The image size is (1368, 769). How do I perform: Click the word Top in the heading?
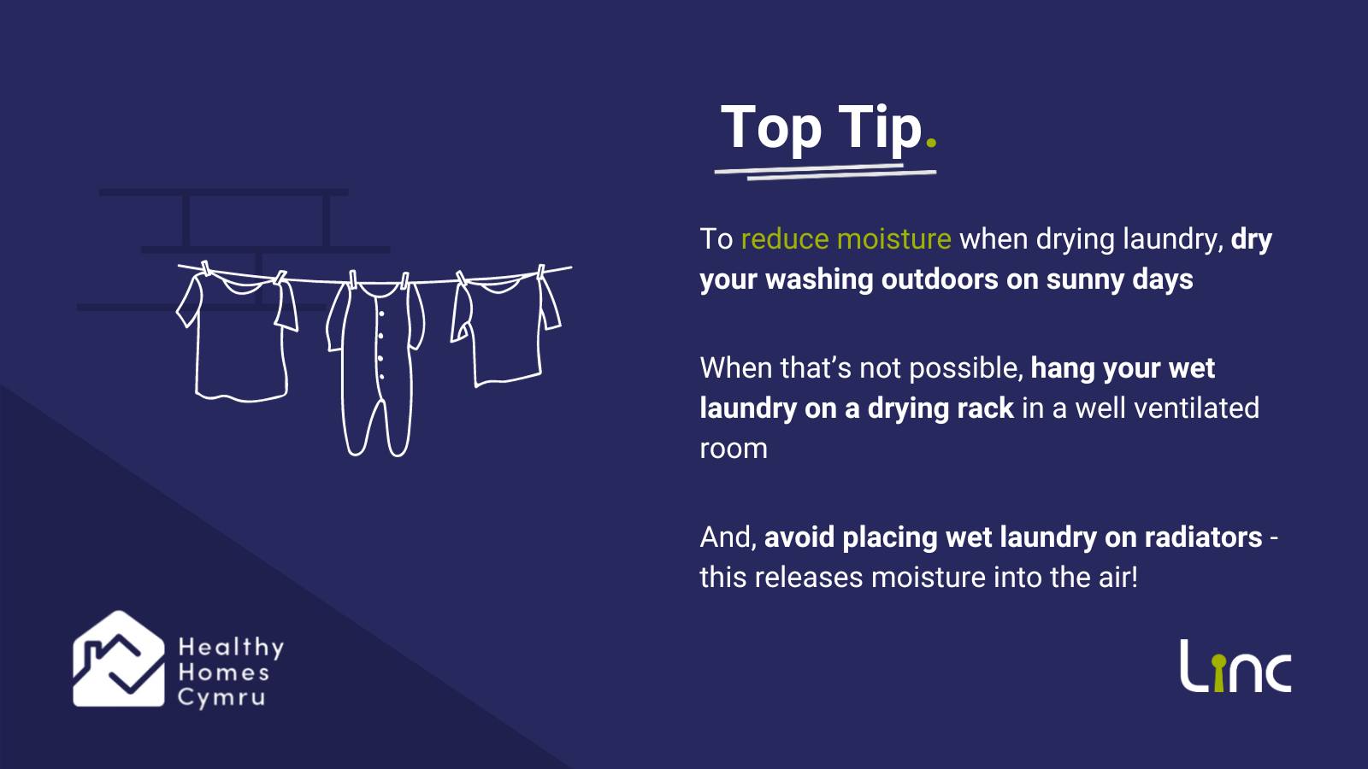pyautogui.click(x=771, y=128)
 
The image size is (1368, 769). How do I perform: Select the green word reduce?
pyautogui.click(x=785, y=238)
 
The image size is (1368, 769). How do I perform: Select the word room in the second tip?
pyautogui.click(x=734, y=449)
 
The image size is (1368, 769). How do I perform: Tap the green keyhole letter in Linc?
pyautogui.click(x=1218, y=673)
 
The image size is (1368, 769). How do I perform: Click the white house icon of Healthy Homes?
pyautogui.click(x=119, y=659)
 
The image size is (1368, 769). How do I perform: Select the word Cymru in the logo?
pyautogui.click(x=221, y=698)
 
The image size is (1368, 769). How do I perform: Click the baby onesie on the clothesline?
pyautogui.click(x=376, y=364)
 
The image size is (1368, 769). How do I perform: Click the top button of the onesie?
pyautogui.click(x=381, y=314)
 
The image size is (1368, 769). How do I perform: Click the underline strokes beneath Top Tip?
pyautogui.click(x=825, y=171)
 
